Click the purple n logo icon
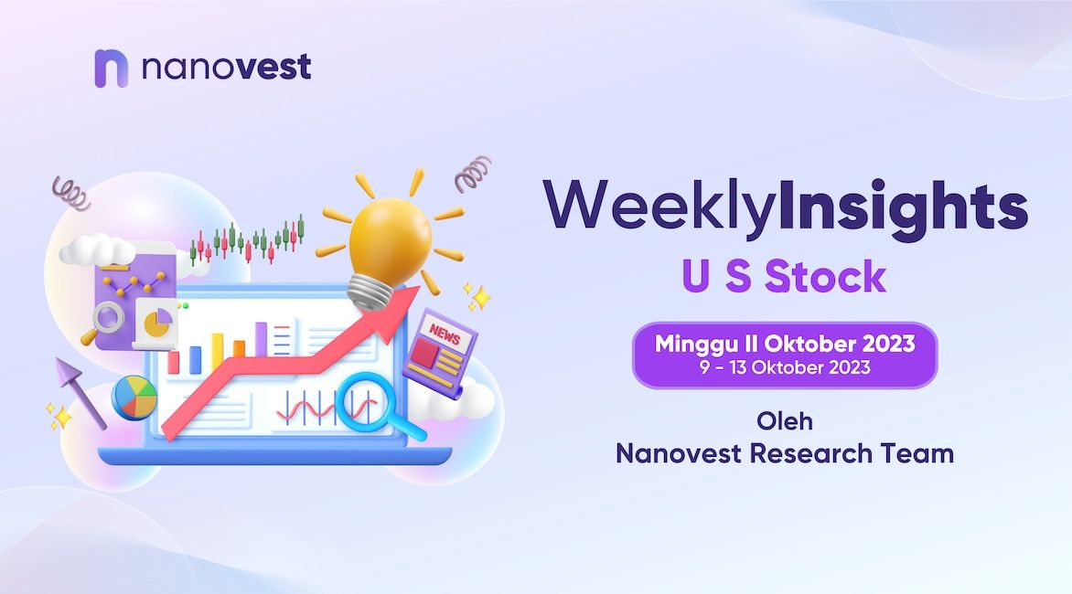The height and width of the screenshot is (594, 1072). click(x=111, y=69)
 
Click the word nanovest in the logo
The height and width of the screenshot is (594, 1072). click(x=226, y=67)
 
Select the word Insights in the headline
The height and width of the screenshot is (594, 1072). click(x=903, y=207)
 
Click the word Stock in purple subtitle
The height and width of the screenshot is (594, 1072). click(x=825, y=277)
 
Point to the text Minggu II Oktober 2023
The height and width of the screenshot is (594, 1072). click(x=785, y=343)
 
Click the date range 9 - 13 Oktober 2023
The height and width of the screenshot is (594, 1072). click(x=785, y=367)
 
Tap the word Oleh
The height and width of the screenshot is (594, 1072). click(x=785, y=421)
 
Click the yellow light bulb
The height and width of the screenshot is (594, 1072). click(x=390, y=239)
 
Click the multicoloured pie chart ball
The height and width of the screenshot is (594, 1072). click(x=134, y=398)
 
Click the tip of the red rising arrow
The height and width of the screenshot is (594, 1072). click(x=418, y=288)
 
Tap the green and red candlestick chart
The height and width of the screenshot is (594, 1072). click(x=246, y=240)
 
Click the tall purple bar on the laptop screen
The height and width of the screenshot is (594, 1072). click(x=261, y=339)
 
